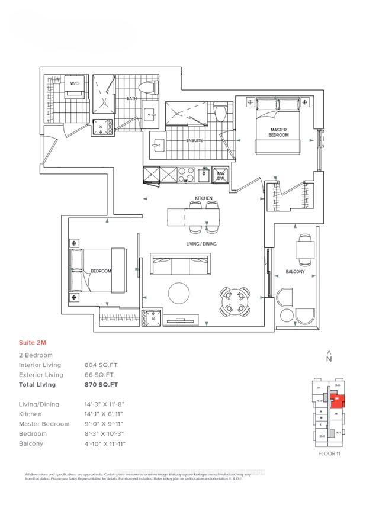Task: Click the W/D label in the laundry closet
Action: point(75,84)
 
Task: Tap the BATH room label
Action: point(132,99)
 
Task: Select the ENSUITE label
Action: point(194,141)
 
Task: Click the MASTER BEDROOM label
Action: point(279,132)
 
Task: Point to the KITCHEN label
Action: point(204,198)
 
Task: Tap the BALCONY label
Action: point(295,271)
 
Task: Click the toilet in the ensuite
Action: point(220,111)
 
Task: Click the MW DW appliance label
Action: point(220,175)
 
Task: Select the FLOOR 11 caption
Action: point(329,454)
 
